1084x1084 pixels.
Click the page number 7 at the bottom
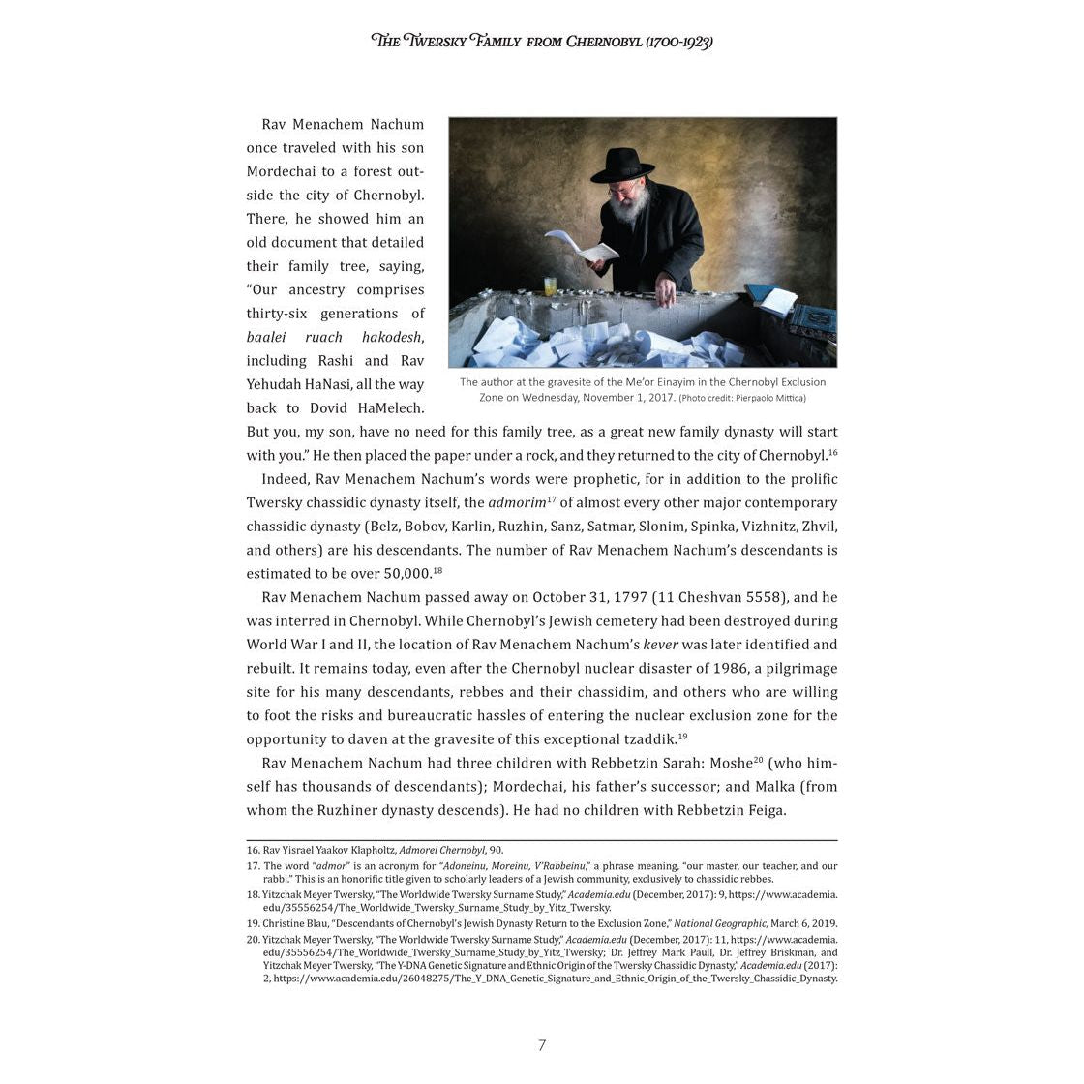(542, 1045)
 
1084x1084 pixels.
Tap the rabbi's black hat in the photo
(622, 166)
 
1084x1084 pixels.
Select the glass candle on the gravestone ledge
(551, 286)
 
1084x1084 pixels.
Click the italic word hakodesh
(392, 337)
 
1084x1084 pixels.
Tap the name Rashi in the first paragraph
(337, 361)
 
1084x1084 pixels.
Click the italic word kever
(660, 645)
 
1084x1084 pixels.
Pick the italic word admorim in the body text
(517, 503)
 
